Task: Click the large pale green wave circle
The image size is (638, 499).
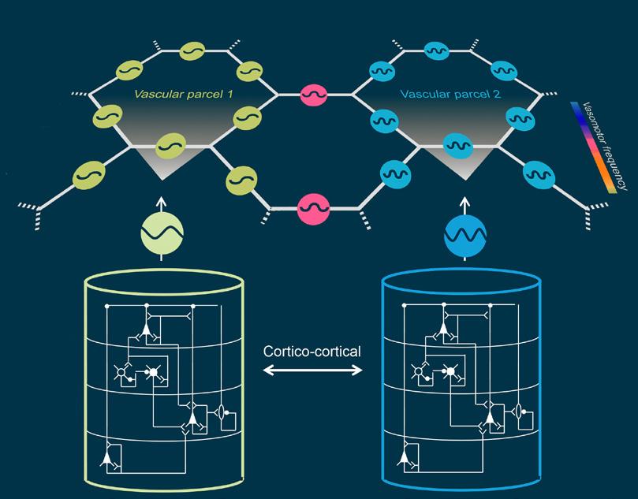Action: pos(162,233)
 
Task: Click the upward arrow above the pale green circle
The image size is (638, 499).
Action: pos(162,203)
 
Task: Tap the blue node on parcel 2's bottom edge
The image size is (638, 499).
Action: pos(458,146)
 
